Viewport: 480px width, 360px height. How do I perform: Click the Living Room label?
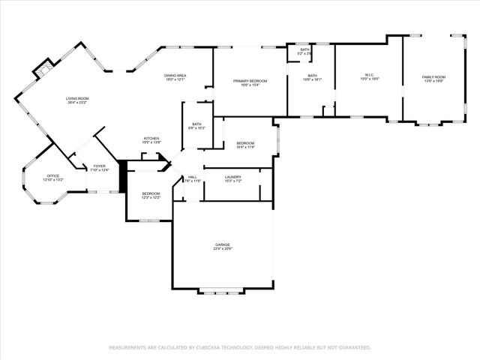(77, 98)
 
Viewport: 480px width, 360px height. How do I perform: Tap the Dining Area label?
(175, 75)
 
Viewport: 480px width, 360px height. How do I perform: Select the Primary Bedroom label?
(250, 80)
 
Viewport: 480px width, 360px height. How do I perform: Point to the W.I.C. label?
(369, 74)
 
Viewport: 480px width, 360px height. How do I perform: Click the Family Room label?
(433, 76)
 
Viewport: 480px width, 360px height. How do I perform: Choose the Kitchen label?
(151, 138)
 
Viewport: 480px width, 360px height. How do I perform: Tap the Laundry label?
(233, 176)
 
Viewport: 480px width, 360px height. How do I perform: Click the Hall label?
(192, 177)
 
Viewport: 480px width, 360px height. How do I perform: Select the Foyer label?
(99, 166)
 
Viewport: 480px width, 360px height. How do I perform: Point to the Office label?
(53, 175)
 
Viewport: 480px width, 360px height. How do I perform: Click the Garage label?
(222, 244)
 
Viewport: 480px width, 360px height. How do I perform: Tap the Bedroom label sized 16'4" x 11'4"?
(246, 142)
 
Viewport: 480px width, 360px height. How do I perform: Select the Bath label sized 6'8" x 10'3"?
(196, 124)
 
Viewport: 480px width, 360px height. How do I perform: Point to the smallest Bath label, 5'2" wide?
(304, 49)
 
